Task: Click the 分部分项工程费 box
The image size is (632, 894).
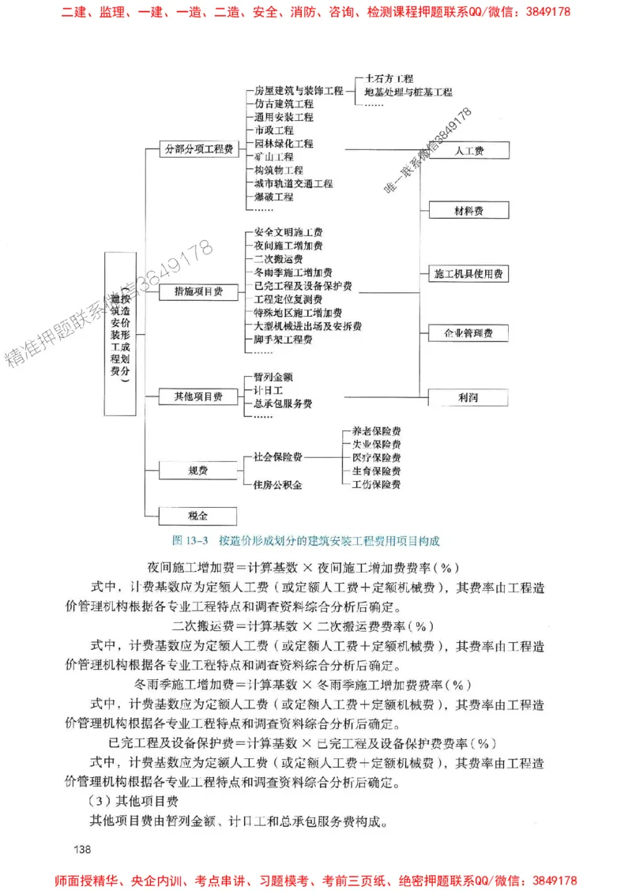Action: click(198, 148)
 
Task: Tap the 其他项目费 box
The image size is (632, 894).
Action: click(198, 396)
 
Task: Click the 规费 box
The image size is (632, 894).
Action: click(198, 471)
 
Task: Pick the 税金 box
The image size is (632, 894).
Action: click(198, 516)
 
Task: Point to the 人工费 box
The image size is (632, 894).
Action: click(469, 151)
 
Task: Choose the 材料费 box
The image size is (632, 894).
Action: click(469, 210)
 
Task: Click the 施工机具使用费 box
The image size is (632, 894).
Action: click(469, 274)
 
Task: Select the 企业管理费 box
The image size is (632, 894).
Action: click(469, 333)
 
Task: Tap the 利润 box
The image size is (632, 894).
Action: click(469, 396)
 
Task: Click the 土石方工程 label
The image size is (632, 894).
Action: click(389, 79)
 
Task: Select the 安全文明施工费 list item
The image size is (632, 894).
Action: click(288, 233)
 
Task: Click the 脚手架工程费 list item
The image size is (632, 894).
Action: click(283, 340)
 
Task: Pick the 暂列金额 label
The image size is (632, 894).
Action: click(273, 378)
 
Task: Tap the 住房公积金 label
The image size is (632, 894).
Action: click(277, 484)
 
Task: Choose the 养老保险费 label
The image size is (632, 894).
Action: click(376, 431)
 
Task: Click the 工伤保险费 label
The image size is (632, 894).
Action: click(376, 484)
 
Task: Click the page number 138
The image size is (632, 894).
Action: click(83, 849)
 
